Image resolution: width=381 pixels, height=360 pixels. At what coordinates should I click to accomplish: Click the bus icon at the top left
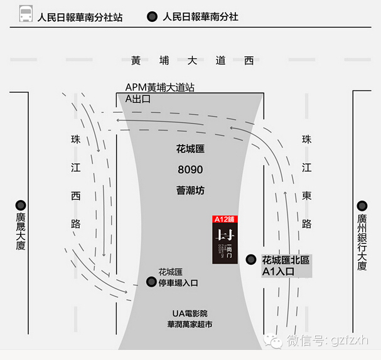(x=26, y=16)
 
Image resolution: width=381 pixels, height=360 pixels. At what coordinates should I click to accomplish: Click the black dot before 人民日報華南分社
(x=152, y=17)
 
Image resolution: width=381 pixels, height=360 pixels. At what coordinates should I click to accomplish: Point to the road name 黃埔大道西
(x=192, y=61)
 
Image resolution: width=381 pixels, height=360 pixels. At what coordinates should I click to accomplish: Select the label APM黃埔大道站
(x=160, y=88)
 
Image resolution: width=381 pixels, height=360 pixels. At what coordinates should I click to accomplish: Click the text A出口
(x=139, y=98)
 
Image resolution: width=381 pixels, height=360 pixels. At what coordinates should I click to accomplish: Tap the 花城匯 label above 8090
(x=191, y=150)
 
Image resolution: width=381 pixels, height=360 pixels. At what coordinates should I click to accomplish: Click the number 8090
(x=190, y=170)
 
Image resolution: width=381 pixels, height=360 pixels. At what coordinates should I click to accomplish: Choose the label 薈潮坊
(x=190, y=190)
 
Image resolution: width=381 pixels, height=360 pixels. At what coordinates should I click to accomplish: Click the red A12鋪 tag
(x=225, y=220)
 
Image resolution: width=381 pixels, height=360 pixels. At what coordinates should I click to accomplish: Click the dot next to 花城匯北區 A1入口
(x=251, y=259)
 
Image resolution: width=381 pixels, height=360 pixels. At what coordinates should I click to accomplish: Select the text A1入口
(x=278, y=272)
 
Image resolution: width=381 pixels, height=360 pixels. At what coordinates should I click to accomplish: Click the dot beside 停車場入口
(x=151, y=282)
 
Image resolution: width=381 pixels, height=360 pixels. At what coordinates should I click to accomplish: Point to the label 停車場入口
(x=178, y=283)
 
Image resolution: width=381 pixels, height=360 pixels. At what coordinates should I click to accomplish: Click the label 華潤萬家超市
(x=190, y=325)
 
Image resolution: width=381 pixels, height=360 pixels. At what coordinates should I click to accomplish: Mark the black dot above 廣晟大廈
(x=21, y=205)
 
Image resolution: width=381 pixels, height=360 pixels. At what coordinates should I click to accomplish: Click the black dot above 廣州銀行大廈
(x=362, y=205)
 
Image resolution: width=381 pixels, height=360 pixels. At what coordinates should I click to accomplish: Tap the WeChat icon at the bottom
(x=273, y=341)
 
